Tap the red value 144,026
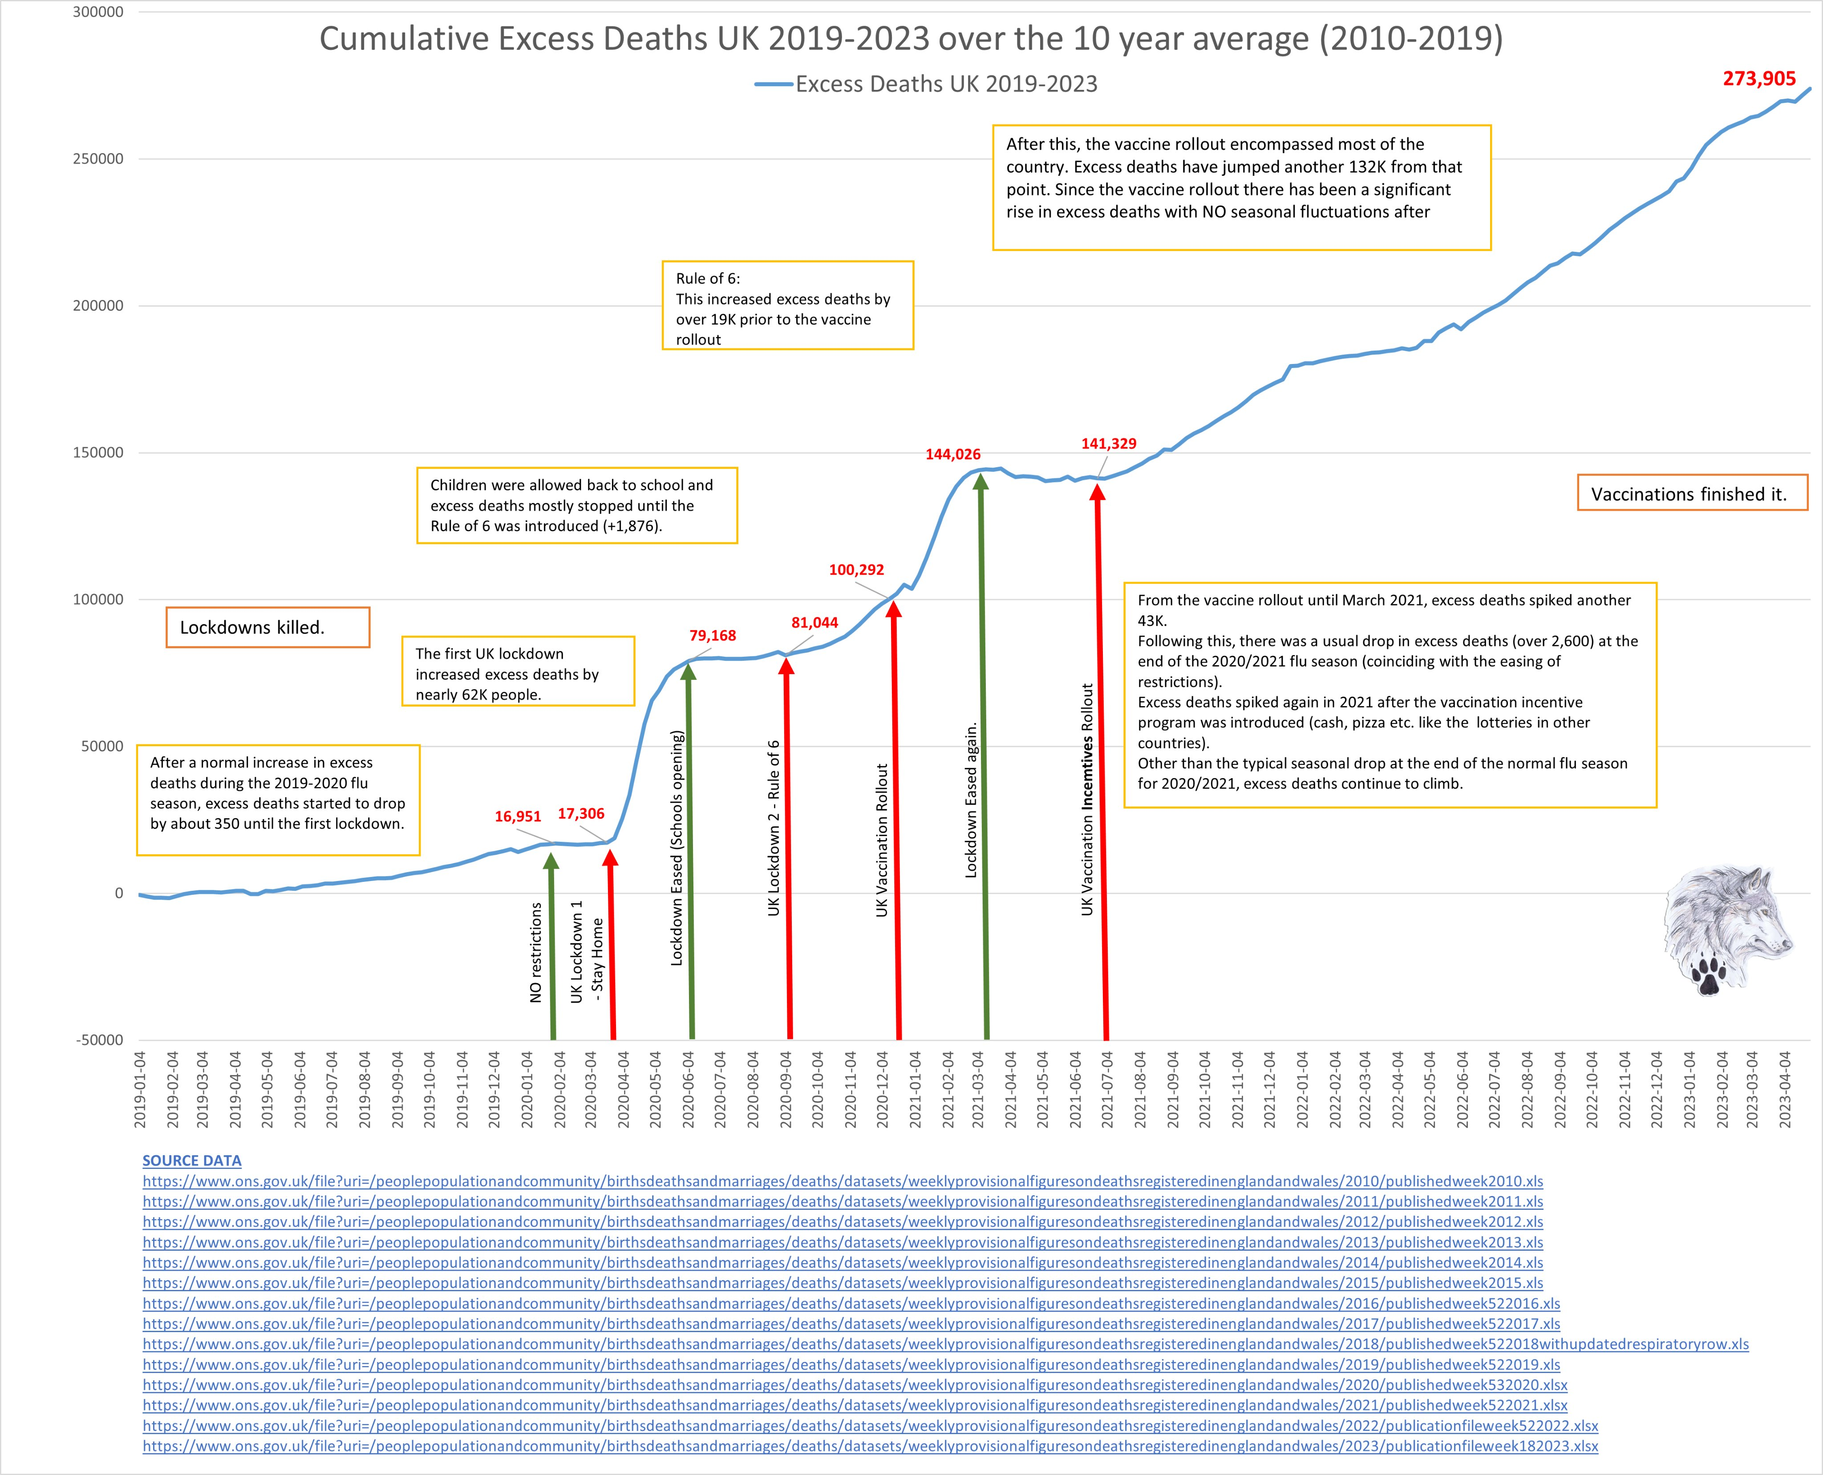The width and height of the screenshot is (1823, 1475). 953,455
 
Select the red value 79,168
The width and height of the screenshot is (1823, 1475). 712,635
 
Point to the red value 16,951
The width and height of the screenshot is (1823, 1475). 518,816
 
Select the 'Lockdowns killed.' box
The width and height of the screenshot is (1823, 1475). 268,627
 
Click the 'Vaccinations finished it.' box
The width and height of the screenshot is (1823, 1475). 1691,493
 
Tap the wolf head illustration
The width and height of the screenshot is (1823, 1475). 1725,926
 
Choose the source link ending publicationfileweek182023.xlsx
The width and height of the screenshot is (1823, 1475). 869,1446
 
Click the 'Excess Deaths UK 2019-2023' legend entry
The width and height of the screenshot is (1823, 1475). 945,84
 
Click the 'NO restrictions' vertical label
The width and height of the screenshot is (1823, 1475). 535,952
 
